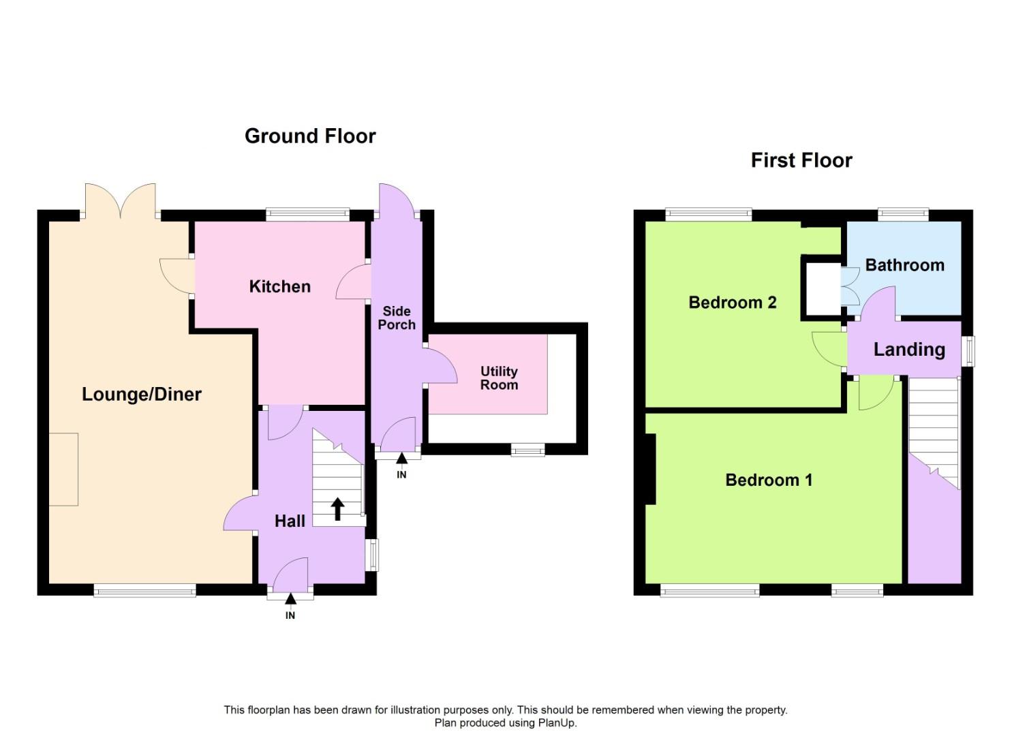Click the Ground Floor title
(x=310, y=136)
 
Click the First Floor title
(x=801, y=160)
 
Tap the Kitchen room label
(x=279, y=286)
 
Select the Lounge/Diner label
(x=142, y=394)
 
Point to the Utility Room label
(x=499, y=378)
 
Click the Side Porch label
(x=397, y=318)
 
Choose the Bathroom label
(x=904, y=265)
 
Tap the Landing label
(x=909, y=350)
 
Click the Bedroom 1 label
(x=769, y=480)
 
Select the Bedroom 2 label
(x=733, y=302)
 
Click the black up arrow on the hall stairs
(x=337, y=508)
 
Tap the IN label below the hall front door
(x=290, y=615)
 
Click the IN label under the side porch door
(x=401, y=474)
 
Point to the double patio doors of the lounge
(x=121, y=202)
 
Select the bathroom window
(x=903, y=215)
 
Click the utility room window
(x=528, y=449)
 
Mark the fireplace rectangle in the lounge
(x=63, y=469)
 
